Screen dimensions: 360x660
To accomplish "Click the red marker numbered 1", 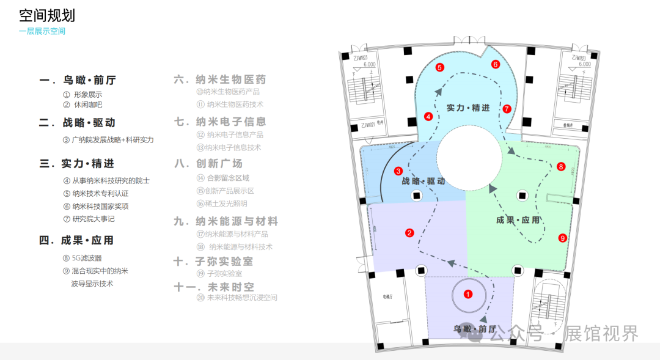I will tap(468, 294).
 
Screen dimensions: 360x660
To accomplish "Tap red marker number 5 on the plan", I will tap(439, 68).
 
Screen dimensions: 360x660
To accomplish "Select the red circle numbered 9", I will tap(563, 238).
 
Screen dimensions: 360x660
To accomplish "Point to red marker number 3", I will tap(398, 172).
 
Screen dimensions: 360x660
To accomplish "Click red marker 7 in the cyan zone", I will tap(507, 109).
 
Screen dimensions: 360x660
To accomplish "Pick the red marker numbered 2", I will tap(409, 232).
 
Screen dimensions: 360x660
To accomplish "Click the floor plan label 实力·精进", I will tap(468, 108).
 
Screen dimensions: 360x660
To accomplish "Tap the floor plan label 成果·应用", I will tap(518, 220).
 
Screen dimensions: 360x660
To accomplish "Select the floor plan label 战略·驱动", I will tap(423, 182).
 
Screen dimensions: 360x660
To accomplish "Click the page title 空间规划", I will tap(47, 15).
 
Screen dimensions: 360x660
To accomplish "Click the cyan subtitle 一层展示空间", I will tap(42, 31).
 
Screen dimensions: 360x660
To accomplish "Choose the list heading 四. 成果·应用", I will tap(76, 240).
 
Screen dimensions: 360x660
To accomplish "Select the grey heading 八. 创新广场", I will tap(208, 163).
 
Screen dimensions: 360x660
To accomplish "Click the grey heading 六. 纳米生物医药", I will tap(220, 79).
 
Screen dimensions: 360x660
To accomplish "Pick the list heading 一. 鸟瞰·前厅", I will tap(77, 80).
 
